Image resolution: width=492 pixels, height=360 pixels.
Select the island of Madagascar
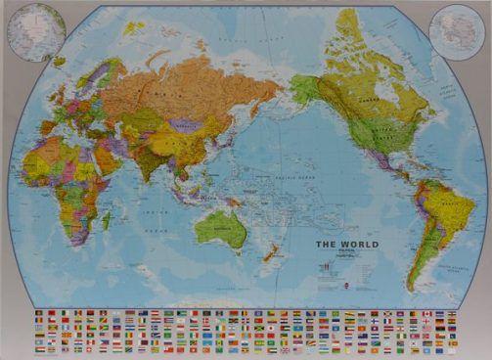tap(106, 221)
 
